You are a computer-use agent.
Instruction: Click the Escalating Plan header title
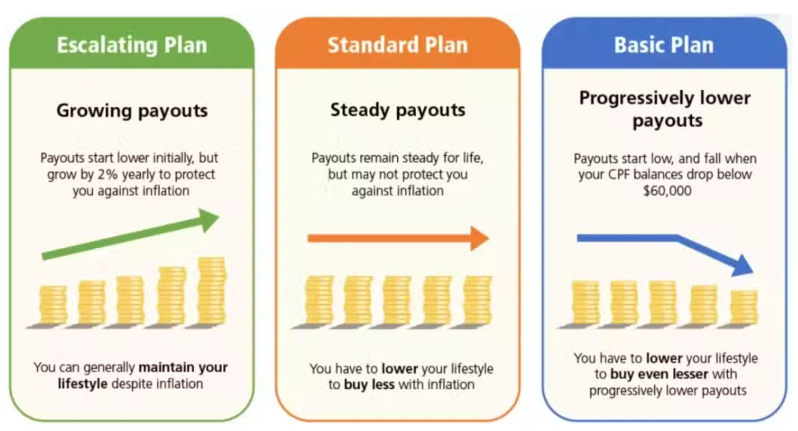[132, 45]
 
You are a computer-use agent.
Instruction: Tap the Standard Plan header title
[398, 45]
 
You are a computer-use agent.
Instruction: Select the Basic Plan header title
[664, 45]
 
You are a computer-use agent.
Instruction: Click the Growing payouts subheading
[132, 111]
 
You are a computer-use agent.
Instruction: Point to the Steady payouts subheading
[398, 110]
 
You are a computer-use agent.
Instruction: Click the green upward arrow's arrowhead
[208, 219]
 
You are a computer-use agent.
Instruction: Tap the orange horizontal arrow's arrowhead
[480, 238]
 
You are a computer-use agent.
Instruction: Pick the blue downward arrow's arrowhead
[743, 265]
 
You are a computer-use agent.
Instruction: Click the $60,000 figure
[667, 191]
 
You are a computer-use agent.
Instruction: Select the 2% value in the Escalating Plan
[108, 174]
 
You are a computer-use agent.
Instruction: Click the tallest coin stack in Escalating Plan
[212, 290]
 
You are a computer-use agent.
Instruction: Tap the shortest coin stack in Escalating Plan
[53, 305]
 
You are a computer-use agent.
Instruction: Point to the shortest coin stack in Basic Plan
[744, 307]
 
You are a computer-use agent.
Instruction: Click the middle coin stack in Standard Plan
[397, 300]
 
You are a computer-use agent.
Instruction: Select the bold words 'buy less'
[369, 385]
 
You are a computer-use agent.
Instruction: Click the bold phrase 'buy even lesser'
[659, 374]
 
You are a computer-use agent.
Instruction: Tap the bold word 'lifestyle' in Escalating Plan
[83, 383]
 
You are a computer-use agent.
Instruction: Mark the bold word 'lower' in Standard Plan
[399, 368]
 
